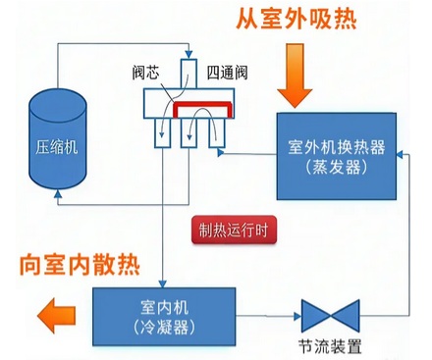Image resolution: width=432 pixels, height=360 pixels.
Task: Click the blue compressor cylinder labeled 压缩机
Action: [x=56, y=145]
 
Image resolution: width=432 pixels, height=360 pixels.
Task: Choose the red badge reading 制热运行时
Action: [x=232, y=233]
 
